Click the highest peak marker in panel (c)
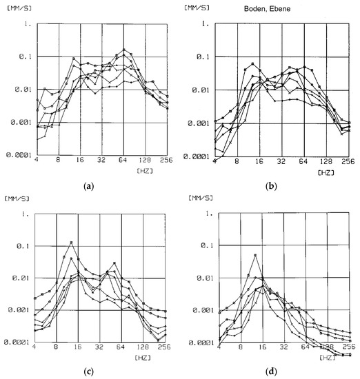point(71,243)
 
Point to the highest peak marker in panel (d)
point(255,256)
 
